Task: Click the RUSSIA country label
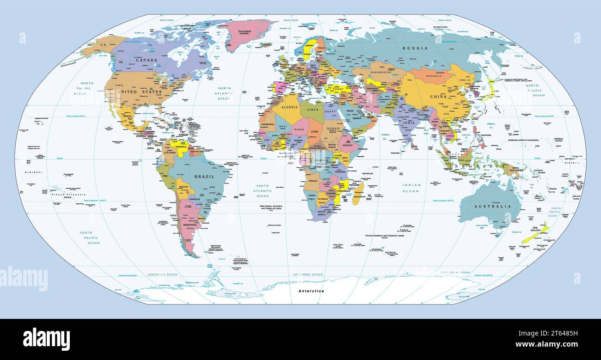pos(415,48)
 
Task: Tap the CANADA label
pos(147,60)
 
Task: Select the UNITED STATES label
pos(140,92)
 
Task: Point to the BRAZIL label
pos(204,177)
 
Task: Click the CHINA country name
pos(438,97)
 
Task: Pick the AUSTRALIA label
pos(493,206)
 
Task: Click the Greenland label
pos(244,31)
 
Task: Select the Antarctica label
pos(311,291)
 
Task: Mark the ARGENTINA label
pos(190,225)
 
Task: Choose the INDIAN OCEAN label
pos(411,188)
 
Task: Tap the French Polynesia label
pos(68,195)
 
